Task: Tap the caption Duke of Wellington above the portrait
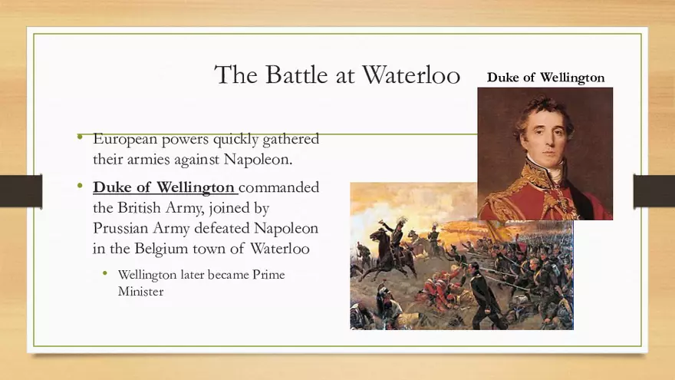tap(545, 78)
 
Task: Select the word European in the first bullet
tap(126, 140)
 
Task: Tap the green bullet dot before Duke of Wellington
tap(81, 187)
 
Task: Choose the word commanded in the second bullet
tap(279, 187)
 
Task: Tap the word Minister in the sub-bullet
tap(140, 292)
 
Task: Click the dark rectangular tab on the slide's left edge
tap(20, 191)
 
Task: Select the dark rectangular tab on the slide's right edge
tap(654, 191)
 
